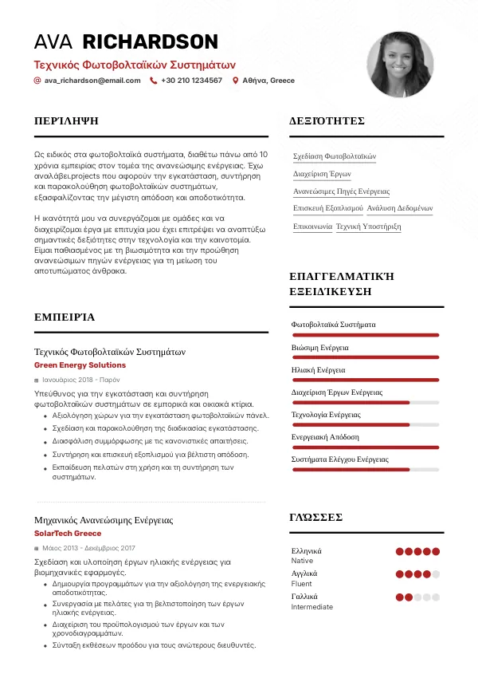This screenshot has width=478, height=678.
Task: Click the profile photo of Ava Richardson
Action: [402, 65]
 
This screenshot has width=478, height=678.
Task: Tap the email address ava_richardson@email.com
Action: [92, 81]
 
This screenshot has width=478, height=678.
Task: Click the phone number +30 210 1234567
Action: [191, 81]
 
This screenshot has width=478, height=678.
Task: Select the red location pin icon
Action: [235, 81]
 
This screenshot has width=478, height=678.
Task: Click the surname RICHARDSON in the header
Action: [151, 42]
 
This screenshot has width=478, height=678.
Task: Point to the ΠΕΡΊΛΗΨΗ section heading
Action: [66, 121]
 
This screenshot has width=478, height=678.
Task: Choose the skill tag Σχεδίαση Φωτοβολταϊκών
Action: [335, 156]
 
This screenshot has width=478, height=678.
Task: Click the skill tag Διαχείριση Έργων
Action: [322, 174]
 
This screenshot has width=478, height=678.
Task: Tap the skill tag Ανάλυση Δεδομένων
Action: [400, 209]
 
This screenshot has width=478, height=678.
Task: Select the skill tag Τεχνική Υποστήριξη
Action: [368, 227]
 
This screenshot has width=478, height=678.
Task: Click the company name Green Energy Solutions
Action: [80, 365]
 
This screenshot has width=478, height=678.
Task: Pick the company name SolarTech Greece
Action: [68, 534]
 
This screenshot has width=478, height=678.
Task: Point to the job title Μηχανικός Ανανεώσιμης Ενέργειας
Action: [104, 520]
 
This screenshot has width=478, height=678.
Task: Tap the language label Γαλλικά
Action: [304, 597]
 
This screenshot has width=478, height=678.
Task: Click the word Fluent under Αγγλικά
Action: [302, 584]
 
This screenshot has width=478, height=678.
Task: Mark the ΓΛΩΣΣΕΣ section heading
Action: [315, 518]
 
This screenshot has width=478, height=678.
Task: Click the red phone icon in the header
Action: [153, 81]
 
